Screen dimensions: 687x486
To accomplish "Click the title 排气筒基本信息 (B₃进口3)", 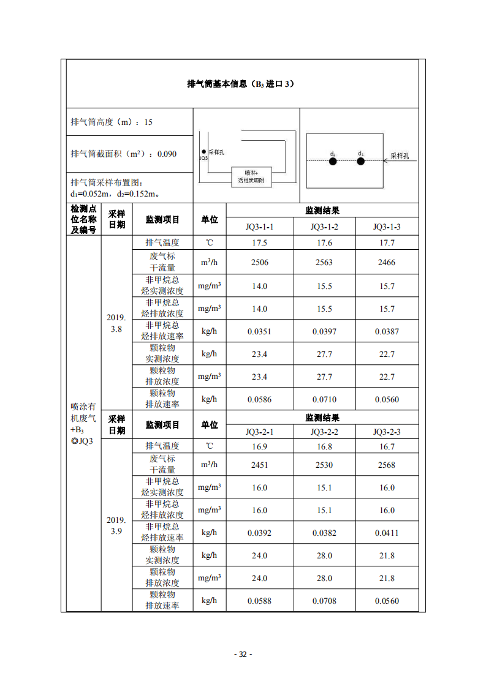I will pyautogui.click(x=240, y=84).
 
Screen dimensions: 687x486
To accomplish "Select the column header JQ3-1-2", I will pyautogui.click(x=324, y=227).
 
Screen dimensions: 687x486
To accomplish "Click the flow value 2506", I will pyautogui.click(x=259, y=262).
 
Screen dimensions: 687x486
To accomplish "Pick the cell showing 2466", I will pyautogui.click(x=387, y=262).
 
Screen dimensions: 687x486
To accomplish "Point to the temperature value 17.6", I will pyautogui.click(x=324, y=242).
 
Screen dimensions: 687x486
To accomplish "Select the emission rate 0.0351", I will pyautogui.click(x=259, y=331).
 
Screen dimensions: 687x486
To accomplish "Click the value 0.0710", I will pyautogui.click(x=324, y=399).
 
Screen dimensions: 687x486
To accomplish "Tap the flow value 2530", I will pyautogui.click(x=324, y=465).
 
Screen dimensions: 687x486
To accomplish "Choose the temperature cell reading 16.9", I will pyautogui.click(x=259, y=446).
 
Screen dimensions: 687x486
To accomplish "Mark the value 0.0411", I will pyautogui.click(x=387, y=533).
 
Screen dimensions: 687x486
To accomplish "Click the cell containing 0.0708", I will pyautogui.click(x=324, y=601).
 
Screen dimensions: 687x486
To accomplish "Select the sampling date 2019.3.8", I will pyautogui.click(x=116, y=323).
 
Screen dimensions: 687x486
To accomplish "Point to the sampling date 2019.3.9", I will pyautogui.click(x=116, y=525).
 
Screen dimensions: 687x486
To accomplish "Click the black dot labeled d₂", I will pyautogui.click(x=332, y=162).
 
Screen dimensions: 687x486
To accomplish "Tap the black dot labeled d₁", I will pyautogui.click(x=361, y=162).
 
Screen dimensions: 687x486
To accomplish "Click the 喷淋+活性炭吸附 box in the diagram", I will pyautogui.click(x=251, y=176).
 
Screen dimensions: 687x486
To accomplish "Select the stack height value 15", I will pyautogui.click(x=148, y=122).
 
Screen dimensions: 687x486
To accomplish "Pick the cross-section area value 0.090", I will pyautogui.click(x=167, y=154).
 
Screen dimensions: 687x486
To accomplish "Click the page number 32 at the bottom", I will pyautogui.click(x=243, y=654).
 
